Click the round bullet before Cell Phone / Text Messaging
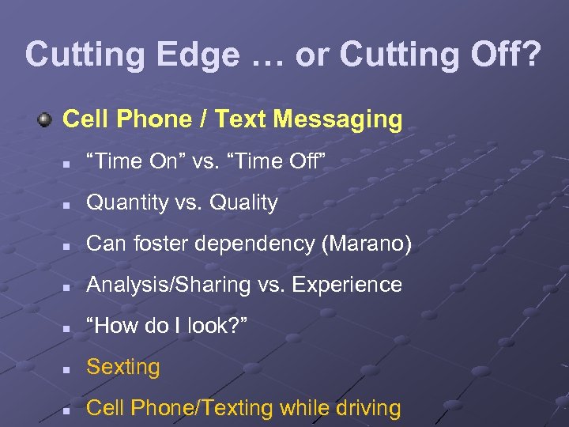click(46, 119)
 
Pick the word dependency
click(261, 244)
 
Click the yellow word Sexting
click(123, 367)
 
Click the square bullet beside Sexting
click(69, 368)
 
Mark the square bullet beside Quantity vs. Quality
click(69, 205)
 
